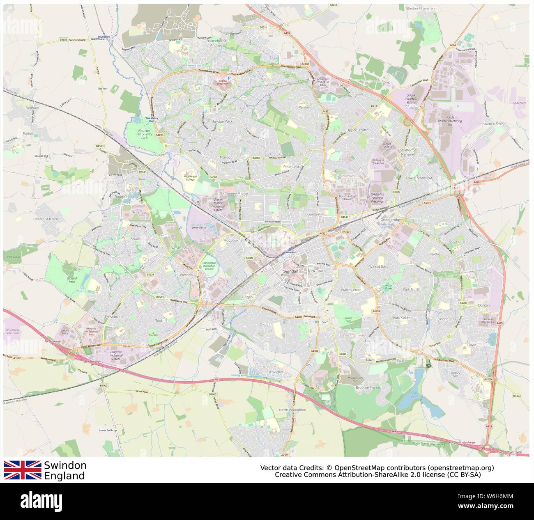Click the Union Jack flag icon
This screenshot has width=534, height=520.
[x=23, y=470]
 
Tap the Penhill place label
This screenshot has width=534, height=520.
[x=304, y=107]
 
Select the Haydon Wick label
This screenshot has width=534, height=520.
[x=222, y=121]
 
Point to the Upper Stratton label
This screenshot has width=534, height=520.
[x=358, y=130]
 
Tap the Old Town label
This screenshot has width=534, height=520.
[x=321, y=322]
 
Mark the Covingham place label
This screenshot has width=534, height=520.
[x=458, y=241]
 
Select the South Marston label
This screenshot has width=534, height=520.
[x=494, y=124]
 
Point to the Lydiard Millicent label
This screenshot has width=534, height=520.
[x=46, y=219]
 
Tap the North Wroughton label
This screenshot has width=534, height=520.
[x=292, y=410]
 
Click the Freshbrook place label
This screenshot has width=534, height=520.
[x=114, y=317]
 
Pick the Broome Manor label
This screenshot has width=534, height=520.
[x=368, y=387]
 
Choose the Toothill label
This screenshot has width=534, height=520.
[x=161, y=320]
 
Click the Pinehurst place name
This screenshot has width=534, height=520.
[x=291, y=167]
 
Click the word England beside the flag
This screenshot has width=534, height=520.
[x=64, y=476]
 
